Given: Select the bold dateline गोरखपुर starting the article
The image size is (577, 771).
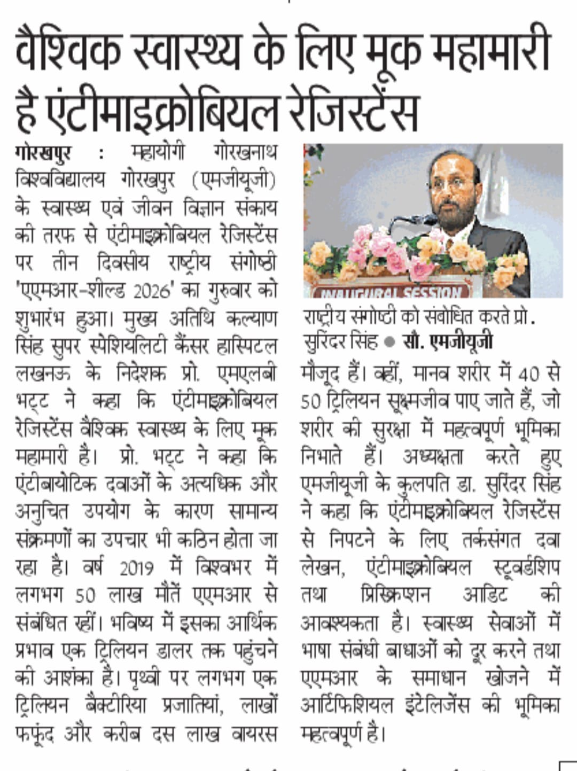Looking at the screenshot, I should [43, 153].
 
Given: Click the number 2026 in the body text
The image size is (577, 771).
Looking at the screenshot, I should [152, 291].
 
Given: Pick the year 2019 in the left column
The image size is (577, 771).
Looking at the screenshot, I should [136, 567].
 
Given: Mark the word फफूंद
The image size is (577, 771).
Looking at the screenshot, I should [35, 734].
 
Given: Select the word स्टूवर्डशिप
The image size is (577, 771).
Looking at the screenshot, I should [516, 567].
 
